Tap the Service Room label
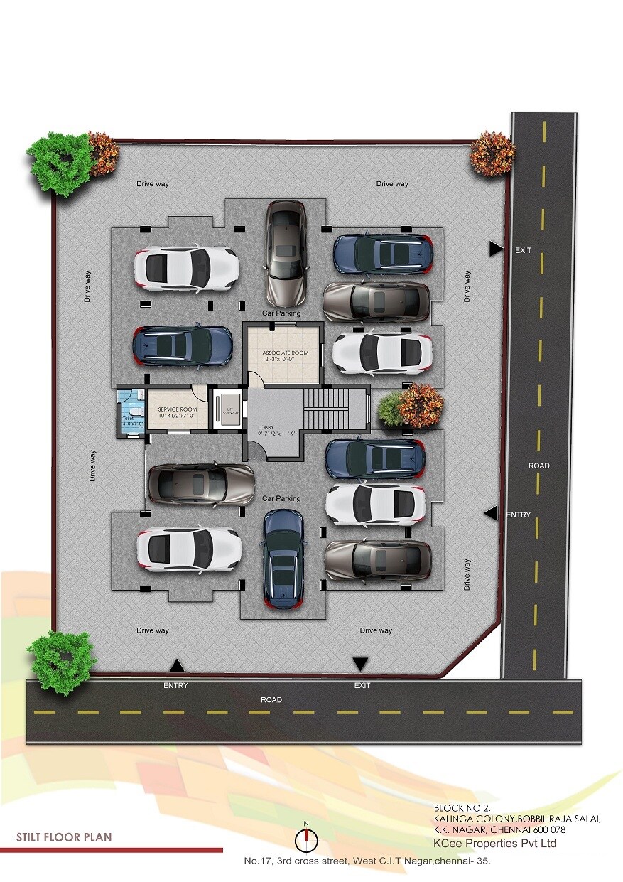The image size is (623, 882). tap(177, 410)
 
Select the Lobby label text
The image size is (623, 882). tap(266, 427)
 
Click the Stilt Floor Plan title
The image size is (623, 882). tap(64, 837)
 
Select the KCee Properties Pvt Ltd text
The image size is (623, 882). tap(494, 844)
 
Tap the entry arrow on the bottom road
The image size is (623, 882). tap(176, 666)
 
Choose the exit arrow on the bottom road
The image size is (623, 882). tap(361, 664)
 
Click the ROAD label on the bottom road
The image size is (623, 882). tap(271, 700)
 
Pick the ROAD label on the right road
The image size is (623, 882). tap(538, 466)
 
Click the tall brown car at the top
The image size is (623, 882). tap(286, 252)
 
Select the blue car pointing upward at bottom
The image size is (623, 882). tap(284, 559)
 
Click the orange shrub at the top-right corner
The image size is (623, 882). tap(492, 152)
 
